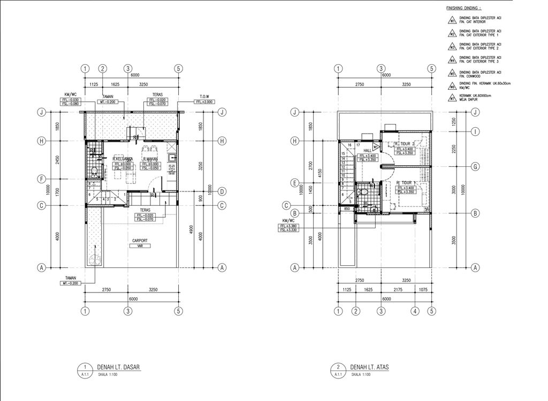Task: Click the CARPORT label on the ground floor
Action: (x=140, y=241)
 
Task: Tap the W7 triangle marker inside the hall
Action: (x=376, y=146)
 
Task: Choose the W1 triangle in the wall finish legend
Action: (x=452, y=21)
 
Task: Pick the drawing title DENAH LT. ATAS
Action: (x=370, y=367)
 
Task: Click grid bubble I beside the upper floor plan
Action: (x=475, y=132)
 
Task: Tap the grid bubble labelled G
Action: (x=475, y=167)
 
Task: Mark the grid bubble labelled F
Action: (x=40, y=179)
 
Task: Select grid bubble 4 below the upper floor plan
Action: (x=415, y=311)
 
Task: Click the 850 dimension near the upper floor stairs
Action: (x=347, y=209)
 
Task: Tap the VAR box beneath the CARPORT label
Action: (x=140, y=246)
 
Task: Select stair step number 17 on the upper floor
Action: (x=357, y=145)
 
